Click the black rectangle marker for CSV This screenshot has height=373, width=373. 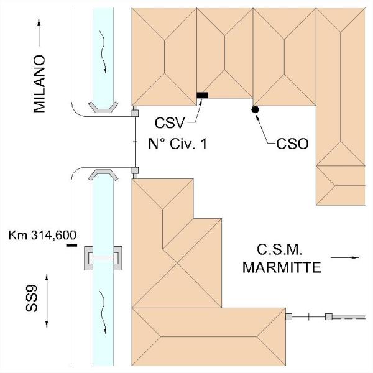coord(203,95)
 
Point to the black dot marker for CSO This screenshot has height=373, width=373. coord(255,109)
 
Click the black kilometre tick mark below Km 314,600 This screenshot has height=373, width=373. coord(71,245)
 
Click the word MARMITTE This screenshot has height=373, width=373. coord(282,269)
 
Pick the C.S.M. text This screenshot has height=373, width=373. coord(279,251)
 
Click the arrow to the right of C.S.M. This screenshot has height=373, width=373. coord(345,256)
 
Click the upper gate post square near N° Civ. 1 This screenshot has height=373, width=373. coord(134,113)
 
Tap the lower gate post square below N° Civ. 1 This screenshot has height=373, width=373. coord(134,170)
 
